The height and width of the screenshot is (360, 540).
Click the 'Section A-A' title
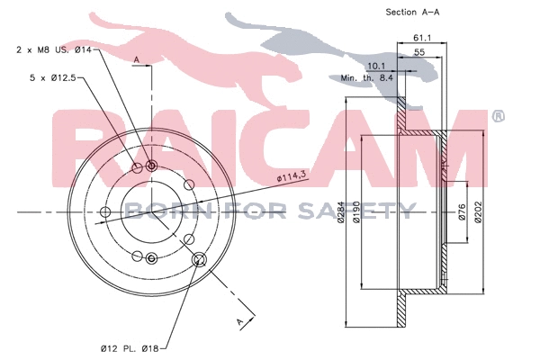[412, 13]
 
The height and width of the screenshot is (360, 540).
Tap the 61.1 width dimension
[422, 38]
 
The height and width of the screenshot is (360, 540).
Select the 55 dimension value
[419, 52]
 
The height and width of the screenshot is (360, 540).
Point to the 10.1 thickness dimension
[376, 66]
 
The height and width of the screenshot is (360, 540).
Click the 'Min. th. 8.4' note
[367, 78]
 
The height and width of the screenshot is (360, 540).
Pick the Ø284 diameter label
[340, 212]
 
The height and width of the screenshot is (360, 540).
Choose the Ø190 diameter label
[356, 212]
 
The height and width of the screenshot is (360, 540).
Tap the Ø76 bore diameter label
[462, 212]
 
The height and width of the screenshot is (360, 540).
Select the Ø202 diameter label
[478, 212]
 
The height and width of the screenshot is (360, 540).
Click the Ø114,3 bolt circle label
[292, 176]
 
